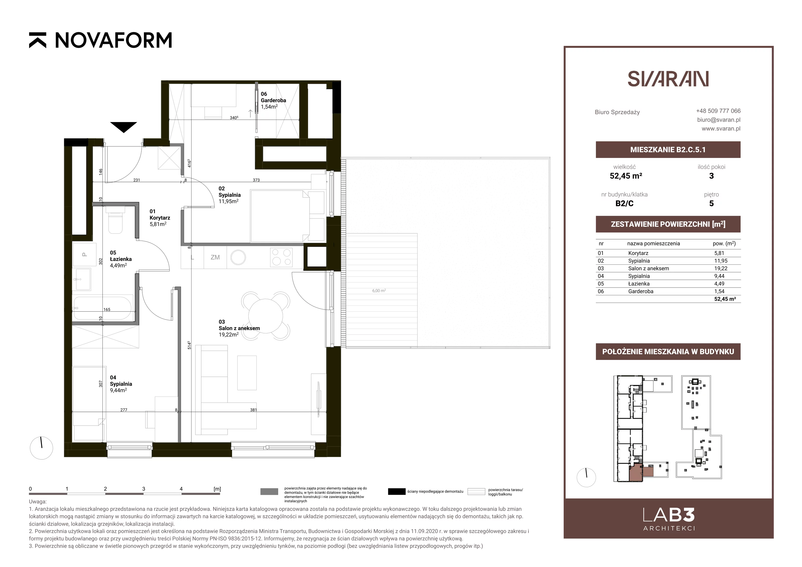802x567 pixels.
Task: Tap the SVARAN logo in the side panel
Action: (668, 79)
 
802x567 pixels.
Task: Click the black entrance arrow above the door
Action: (124, 127)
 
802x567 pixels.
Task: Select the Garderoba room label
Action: (273, 100)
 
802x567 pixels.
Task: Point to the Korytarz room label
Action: (160, 218)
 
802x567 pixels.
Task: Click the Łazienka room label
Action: (121, 259)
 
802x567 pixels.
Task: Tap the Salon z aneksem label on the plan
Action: (239, 328)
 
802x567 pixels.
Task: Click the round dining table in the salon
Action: (265, 316)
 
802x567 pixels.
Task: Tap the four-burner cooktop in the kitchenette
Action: (281, 257)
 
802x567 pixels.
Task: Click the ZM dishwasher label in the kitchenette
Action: (215, 257)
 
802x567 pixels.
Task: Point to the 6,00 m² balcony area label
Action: (379, 291)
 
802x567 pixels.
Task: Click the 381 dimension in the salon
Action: (254, 410)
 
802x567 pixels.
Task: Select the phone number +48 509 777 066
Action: (718, 111)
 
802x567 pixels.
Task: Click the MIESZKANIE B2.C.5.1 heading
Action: (668, 150)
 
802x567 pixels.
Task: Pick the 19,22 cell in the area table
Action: (719, 268)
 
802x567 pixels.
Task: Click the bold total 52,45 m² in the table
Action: (725, 299)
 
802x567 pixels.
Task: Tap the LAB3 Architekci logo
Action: (669, 519)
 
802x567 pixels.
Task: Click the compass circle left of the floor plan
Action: (42, 448)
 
